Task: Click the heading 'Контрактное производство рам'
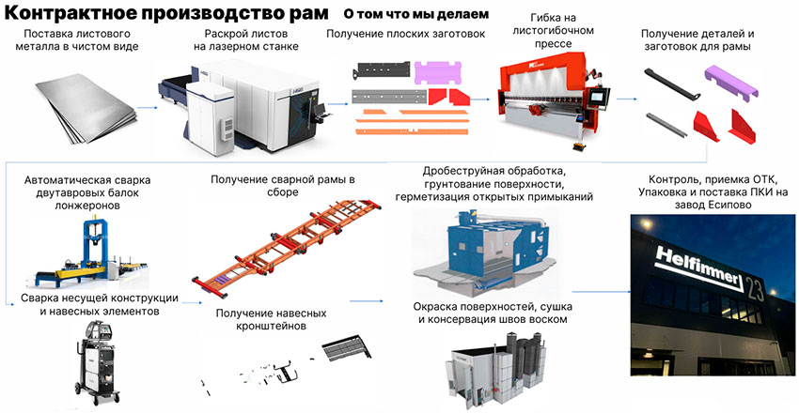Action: coord(167,15)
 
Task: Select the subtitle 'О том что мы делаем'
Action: coord(415,15)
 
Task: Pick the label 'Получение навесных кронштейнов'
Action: coord(271,320)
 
